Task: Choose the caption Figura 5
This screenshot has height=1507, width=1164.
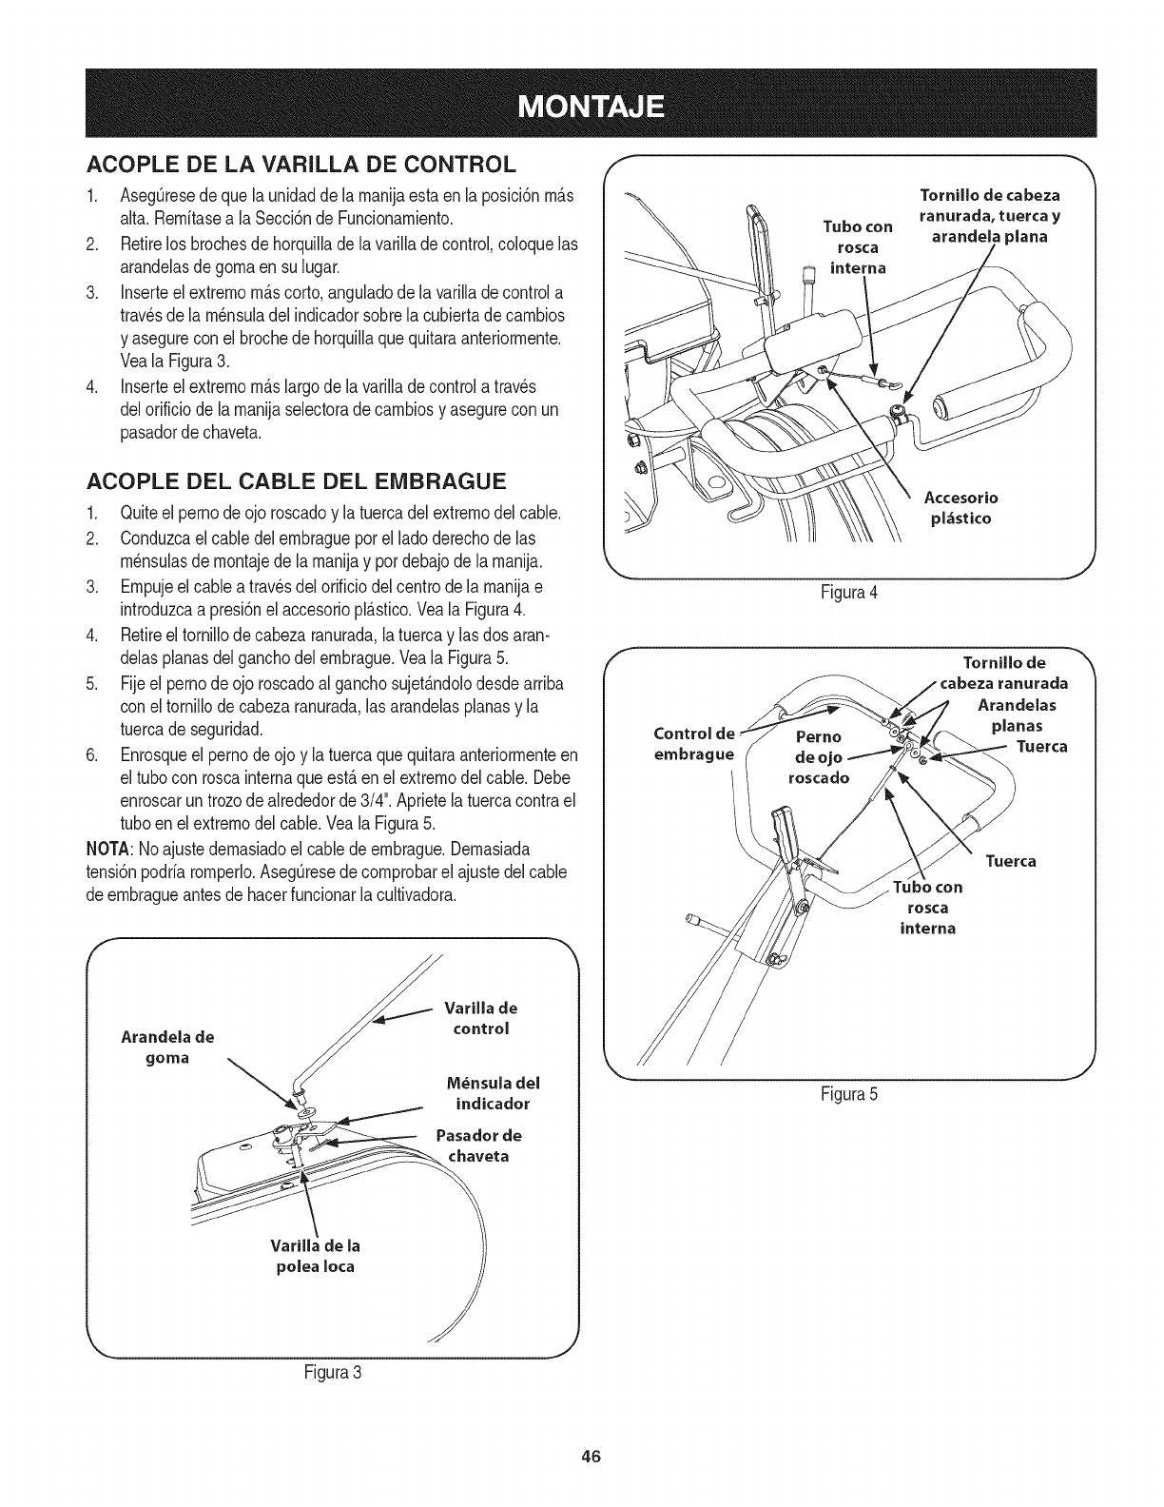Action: (x=849, y=1094)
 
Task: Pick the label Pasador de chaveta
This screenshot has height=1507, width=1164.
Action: (x=479, y=1145)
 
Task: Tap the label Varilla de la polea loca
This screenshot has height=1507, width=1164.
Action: (x=316, y=1256)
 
